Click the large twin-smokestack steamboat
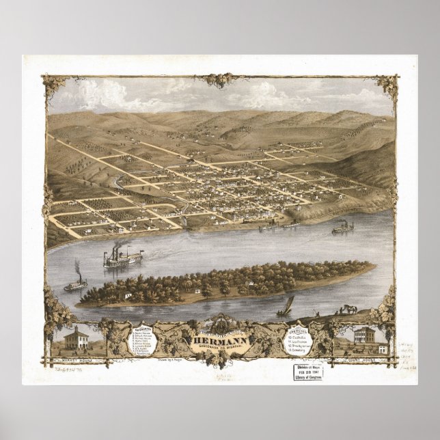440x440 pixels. [122, 257]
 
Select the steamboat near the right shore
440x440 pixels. [342, 228]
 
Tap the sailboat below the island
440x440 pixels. [285, 307]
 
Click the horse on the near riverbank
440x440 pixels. [350, 309]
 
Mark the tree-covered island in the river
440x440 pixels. [225, 282]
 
